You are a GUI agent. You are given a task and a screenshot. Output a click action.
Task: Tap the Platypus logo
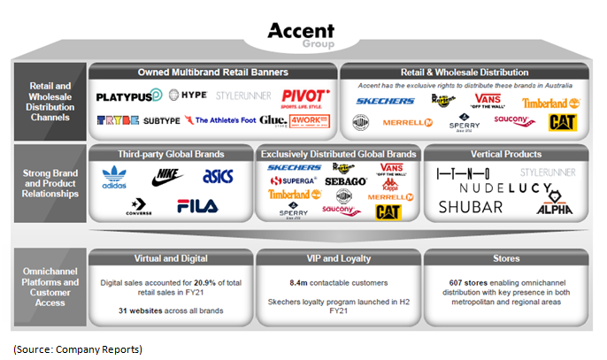click(129, 95)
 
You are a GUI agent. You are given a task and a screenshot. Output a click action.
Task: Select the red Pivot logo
click(304, 96)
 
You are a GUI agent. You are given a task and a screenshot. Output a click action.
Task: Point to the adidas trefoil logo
click(115, 177)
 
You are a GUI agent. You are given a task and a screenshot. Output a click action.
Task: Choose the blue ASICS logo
click(217, 177)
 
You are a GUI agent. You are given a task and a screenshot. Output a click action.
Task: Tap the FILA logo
click(196, 207)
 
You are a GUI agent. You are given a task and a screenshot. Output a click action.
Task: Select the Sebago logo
click(338, 180)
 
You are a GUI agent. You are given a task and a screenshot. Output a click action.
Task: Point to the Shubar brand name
click(470, 207)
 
